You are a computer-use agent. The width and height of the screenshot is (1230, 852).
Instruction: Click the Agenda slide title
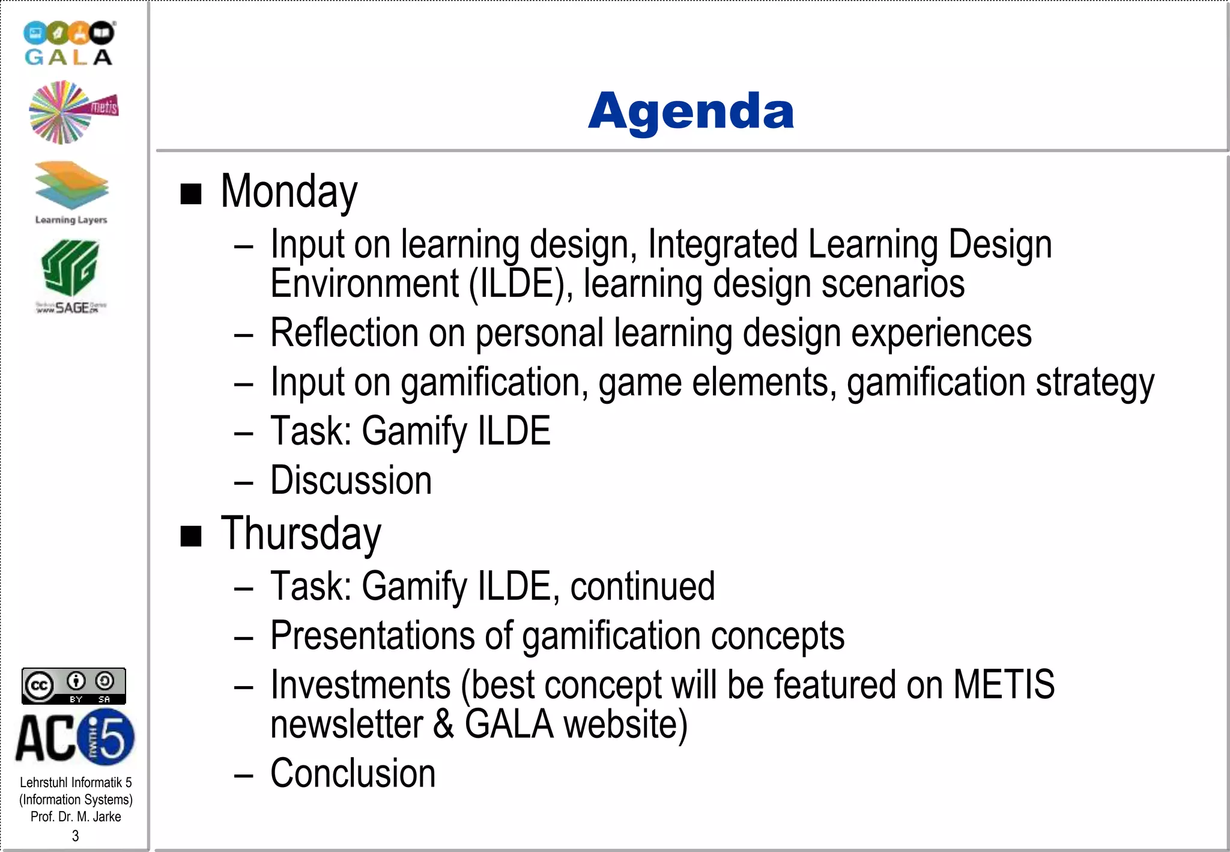(x=691, y=111)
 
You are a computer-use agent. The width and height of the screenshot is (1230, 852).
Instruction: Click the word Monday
(x=289, y=192)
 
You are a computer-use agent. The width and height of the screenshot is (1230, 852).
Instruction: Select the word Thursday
(x=301, y=534)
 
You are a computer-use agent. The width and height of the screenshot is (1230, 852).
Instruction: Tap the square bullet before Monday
(x=191, y=194)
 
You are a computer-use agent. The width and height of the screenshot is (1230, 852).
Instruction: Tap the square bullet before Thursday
(x=191, y=536)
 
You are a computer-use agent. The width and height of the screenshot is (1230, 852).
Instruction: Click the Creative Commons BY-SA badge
(x=74, y=686)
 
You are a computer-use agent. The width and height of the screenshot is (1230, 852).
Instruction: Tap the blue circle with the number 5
(x=108, y=737)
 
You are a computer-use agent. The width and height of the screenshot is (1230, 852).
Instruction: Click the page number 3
(x=75, y=836)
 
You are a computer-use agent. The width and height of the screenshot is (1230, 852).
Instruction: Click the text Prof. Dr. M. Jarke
(x=76, y=817)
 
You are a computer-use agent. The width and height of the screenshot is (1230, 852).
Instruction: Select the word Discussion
(x=351, y=480)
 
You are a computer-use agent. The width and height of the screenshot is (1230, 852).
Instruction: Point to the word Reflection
(x=344, y=333)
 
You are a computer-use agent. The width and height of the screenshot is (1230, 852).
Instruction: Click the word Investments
(x=360, y=684)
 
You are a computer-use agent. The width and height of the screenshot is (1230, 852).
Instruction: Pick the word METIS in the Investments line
(x=1004, y=684)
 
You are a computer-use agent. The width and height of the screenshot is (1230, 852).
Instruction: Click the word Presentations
(x=373, y=636)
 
